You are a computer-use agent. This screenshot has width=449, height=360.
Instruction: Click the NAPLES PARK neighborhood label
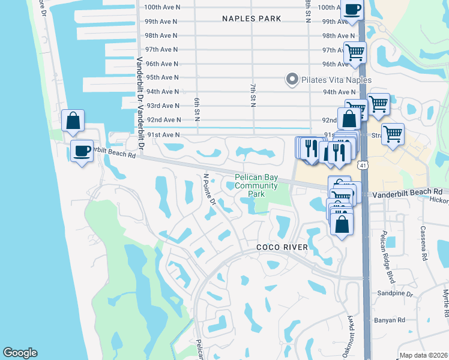pos(252,19)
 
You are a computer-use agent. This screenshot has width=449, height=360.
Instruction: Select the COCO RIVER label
pos(282,247)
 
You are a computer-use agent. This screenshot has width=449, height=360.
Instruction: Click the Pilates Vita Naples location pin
pos(292,79)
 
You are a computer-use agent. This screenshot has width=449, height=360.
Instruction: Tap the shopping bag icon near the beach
pos(73,121)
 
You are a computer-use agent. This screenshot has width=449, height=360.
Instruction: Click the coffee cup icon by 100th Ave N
pos(352,9)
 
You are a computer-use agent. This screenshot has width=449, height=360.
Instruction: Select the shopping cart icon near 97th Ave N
pos(355,52)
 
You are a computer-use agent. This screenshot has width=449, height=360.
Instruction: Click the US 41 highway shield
pos(363,163)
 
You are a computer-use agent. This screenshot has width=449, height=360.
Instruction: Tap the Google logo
pos(20,353)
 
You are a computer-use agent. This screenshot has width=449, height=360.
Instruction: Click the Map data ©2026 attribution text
pos(423,355)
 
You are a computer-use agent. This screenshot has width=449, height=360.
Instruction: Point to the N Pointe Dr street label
pos(209,190)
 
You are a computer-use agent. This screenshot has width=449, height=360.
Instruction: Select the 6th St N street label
pos(196,107)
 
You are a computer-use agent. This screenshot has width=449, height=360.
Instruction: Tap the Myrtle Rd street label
pos(445,304)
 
